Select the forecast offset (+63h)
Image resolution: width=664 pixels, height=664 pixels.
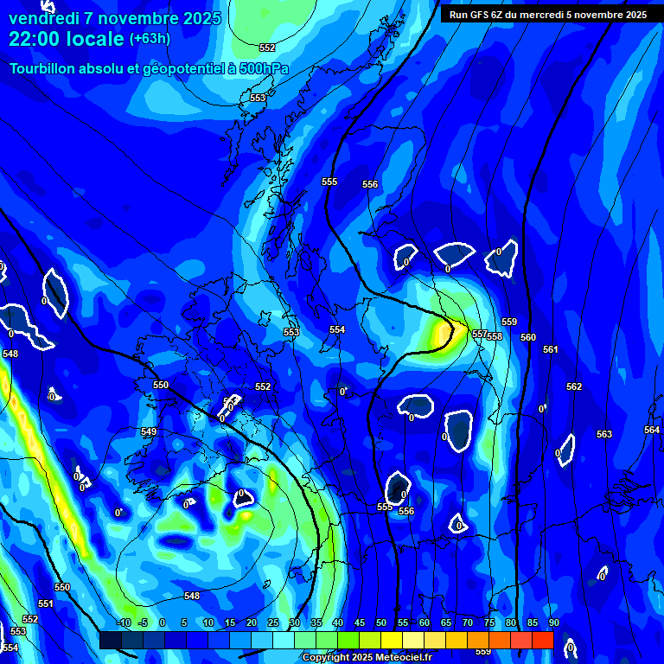(150, 39)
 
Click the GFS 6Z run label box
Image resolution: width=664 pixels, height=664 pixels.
(547, 14)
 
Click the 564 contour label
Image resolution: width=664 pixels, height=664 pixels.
(652, 430)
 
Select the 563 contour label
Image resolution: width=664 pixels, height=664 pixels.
(604, 434)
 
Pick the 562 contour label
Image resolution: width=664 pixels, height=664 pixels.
(574, 386)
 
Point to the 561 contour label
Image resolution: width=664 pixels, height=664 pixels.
(551, 349)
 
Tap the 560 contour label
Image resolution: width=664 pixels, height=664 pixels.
(528, 337)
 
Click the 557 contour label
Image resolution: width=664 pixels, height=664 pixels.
(478, 333)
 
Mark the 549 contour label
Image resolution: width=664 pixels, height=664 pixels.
(149, 431)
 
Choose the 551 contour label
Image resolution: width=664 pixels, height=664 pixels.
(46, 603)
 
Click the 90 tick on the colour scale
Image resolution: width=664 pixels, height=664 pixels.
(553, 622)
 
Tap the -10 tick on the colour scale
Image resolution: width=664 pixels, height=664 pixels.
(124, 622)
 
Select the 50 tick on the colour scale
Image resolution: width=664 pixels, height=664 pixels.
(381, 622)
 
